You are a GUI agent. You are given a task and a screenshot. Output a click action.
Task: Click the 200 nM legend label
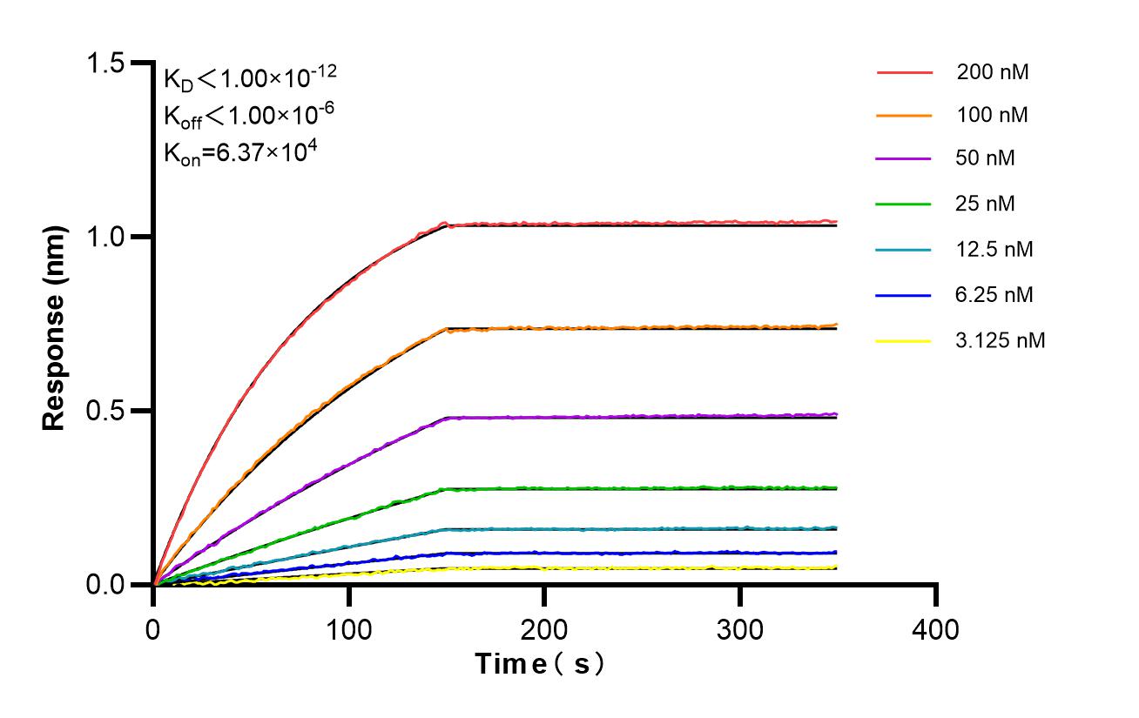point(992,72)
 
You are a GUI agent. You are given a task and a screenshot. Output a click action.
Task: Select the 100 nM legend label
point(992,115)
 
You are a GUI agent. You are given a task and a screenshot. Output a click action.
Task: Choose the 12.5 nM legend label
point(994,250)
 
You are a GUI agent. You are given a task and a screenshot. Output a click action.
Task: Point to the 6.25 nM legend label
point(994,295)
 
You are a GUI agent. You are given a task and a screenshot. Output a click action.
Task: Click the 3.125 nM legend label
point(1000,340)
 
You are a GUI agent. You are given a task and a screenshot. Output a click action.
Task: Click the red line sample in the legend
point(904,72)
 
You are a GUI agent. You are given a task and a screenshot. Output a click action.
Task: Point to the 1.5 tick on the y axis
point(106,64)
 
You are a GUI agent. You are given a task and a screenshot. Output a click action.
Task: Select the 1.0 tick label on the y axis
point(106,237)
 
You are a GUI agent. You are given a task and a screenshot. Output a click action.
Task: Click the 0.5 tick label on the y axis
point(106,411)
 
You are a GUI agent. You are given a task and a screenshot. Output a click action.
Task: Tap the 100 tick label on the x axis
point(349,628)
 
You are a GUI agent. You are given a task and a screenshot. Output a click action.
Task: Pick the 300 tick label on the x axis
point(740,628)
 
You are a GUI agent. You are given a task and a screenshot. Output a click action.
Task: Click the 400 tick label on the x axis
point(936,628)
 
